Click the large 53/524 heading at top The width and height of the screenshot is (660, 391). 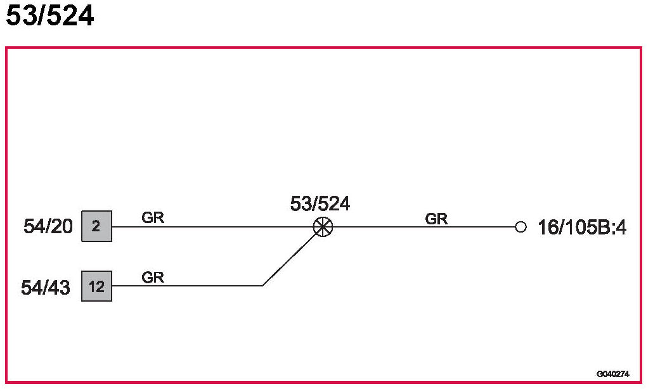[50, 16]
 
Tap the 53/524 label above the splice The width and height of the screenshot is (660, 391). [320, 204]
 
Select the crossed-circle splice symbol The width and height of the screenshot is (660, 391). [323, 227]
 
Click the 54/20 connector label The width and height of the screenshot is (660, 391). [48, 227]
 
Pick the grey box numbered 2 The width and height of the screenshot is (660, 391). [96, 226]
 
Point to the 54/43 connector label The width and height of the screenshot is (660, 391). [46, 287]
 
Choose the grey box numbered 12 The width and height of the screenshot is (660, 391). [96, 286]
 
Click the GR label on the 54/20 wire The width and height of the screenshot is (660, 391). [152, 218]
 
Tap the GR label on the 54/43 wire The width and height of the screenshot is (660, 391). [152, 277]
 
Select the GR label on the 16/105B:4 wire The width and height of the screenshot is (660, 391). [436, 219]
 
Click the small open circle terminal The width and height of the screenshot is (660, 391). [521, 227]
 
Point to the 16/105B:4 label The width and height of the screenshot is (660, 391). [581, 228]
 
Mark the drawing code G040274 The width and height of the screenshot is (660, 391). [612, 374]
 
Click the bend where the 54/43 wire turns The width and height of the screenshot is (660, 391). [262, 286]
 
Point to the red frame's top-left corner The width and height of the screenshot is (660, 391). [7, 48]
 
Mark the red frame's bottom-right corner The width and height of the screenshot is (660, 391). [640, 382]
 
